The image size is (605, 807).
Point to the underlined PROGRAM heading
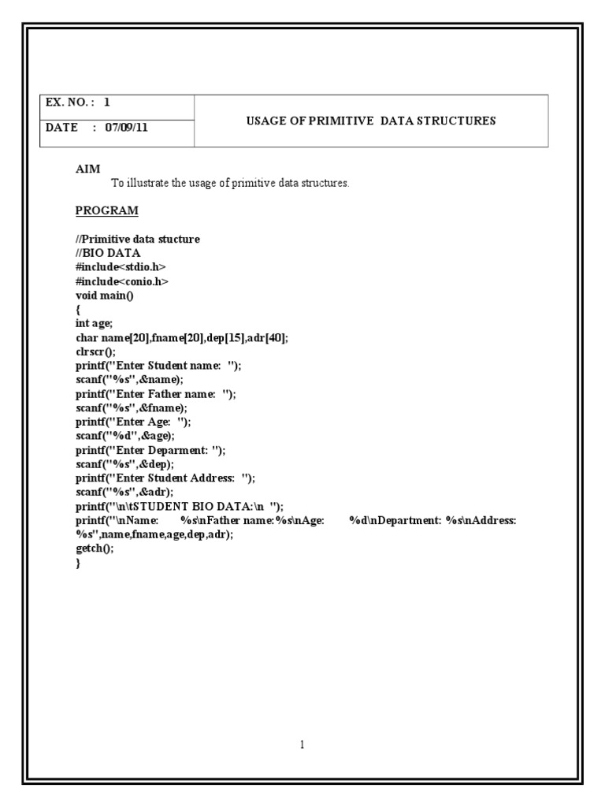pyautogui.click(x=106, y=210)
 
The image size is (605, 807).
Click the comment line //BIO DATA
pyautogui.click(x=108, y=253)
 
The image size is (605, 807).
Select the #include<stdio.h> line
pyautogui.click(x=121, y=267)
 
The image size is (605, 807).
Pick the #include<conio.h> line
pyautogui.click(x=122, y=281)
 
